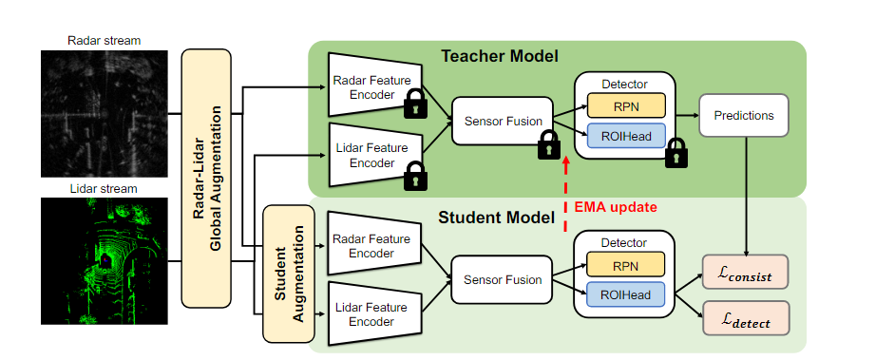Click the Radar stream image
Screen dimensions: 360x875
click(x=105, y=110)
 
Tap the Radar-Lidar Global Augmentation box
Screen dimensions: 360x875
click(x=206, y=177)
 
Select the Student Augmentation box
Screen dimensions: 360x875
click(x=287, y=273)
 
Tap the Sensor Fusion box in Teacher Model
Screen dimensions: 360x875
click(x=502, y=122)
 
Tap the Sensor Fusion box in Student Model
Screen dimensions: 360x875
click(x=502, y=279)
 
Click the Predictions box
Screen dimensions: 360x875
click(x=743, y=115)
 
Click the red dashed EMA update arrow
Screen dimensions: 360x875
click(x=565, y=195)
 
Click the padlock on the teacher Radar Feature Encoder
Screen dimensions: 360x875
click(x=414, y=105)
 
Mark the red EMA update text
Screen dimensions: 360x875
click(x=615, y=205)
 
